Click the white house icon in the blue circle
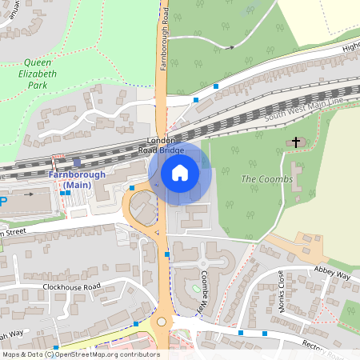tap(180, 172)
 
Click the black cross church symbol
tap(296, 142)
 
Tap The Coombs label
tap(262, 178)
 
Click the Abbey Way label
tap(332, 274)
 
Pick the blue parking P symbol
tap(2, 202)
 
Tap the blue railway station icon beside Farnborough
tap(77, 162)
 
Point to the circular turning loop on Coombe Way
tap(203, 263)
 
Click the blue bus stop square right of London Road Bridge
tap(216, 86)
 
